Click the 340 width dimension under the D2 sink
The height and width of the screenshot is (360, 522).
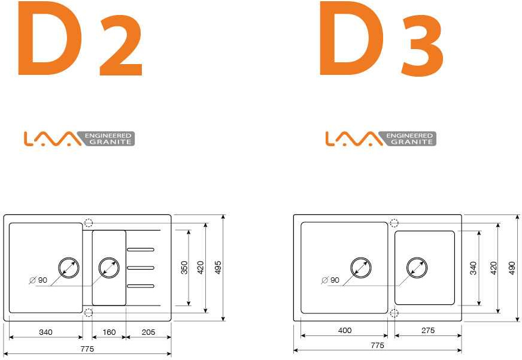click(x=45, y=332)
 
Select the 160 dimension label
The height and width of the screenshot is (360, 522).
click(x=109, y=332)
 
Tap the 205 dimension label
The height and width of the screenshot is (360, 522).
click(x=148, y=332)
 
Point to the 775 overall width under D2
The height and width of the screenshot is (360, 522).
click(x=87, y=349)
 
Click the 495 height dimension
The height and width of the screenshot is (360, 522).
click(x=218, y=267)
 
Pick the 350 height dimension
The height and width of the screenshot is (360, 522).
click(x=184, y=267)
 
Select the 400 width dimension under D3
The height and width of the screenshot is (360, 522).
click(x=345, y=330)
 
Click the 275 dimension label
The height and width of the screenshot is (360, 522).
click(x=428, y=330)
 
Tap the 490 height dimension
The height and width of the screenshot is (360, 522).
click(x=512, y=268)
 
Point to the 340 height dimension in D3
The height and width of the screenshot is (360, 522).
click(x=473, y=268)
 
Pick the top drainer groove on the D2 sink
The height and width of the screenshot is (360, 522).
click(x=141, y=249)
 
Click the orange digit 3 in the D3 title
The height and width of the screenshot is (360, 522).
click(x=423, y=46)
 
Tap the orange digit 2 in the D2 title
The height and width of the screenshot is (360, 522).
click(x=121, y=46)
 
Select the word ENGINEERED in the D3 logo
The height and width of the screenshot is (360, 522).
click(x=409, y=135)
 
